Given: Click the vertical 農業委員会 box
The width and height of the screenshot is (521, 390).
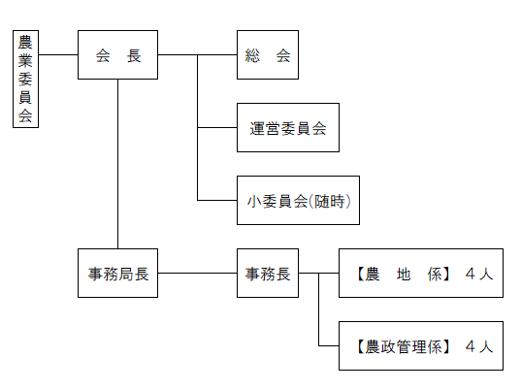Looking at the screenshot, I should (x=26, y=79).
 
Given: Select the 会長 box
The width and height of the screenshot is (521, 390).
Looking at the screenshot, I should (x=117, y=54).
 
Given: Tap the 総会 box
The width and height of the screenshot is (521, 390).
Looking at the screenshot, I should (x=267, y=54).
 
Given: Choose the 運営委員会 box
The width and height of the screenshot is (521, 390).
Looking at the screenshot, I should (x=287, y=128).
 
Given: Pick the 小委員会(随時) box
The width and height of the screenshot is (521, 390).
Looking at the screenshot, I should (x=298, y=201).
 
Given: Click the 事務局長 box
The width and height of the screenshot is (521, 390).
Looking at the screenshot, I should (x=117, y=274).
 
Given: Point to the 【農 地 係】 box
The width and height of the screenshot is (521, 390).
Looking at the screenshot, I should (x=420, y=274).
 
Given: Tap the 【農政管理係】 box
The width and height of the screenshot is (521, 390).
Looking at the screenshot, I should (x=420, y=345).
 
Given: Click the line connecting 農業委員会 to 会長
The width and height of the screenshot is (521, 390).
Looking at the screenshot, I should (x=57, y=55).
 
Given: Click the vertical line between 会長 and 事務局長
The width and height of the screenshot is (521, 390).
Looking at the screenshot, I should (x=117, y=165).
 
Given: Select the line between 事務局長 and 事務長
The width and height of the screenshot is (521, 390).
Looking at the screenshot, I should (x=197, y=274).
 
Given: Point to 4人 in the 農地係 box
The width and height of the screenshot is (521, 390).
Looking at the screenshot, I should (x=479, y=274).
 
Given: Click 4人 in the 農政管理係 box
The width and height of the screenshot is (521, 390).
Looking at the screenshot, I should (x=479, y=345).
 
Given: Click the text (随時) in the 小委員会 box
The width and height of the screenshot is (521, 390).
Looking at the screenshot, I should (x=330, y=201).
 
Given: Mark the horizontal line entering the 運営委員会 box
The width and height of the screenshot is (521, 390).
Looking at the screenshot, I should (x=217, y=128).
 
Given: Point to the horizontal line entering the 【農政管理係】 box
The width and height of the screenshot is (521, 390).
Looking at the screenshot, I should (x=328, y=345).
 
